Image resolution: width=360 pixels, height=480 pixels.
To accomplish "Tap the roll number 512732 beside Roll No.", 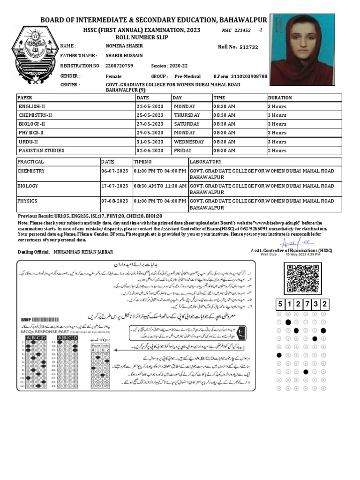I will tap(248, 47).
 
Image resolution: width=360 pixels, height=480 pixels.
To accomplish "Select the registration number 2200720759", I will tap(120, 66).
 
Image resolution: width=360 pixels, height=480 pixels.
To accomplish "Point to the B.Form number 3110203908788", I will tap(247, 76).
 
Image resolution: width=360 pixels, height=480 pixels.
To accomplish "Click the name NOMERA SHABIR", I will tap(124, 46).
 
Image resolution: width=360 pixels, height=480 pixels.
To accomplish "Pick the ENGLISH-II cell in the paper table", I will tap(32, 106).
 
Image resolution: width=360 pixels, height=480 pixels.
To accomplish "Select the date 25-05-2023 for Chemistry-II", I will tap(150, 115).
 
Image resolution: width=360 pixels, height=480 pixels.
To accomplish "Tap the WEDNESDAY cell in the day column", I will tap(189, 142).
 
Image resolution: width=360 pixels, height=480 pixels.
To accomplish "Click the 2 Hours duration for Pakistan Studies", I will tap(277, 151).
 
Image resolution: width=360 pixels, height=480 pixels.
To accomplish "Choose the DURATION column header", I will tap(279, 98).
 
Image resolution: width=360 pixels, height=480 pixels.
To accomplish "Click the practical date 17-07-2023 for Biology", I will tap(114, 186).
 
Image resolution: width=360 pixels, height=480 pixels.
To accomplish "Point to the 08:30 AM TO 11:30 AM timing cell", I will tap(160, 186).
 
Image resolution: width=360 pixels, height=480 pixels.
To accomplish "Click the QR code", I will tap(304, 278).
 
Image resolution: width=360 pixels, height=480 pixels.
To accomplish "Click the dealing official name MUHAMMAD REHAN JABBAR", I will tap(83, 252).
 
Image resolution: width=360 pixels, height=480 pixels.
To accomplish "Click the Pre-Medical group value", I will tap(187, 76).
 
